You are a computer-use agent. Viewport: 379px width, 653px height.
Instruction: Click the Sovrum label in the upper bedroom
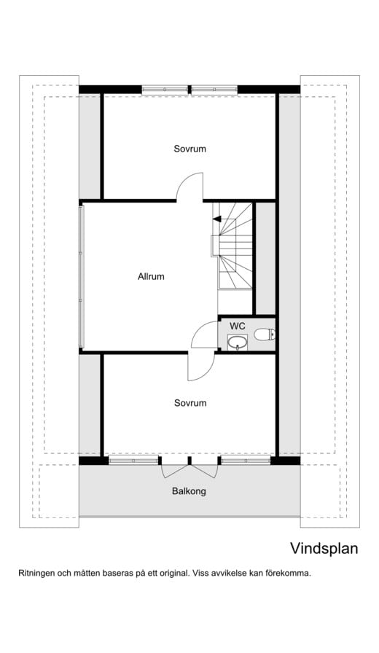pyautogui.click(x=190, y=149)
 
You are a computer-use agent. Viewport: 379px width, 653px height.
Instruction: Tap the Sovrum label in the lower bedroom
pyautogui.click(x=190, y=403)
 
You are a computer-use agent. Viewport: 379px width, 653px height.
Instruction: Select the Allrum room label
pyautogui.click(x=151, y=276)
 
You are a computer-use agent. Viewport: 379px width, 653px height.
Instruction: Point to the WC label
pyautogui.click(x=238, y=326)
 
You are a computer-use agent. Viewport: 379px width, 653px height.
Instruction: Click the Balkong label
pyautogui.click(x=189, y=491)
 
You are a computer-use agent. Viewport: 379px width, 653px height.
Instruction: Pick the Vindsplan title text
pyautogui.click(x=324, y=549)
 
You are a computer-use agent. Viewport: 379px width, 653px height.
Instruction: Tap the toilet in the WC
pyautogui.click(x=265, y=334)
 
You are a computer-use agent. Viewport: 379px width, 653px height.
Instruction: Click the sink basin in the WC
pyautogui.click(x=238, y=343)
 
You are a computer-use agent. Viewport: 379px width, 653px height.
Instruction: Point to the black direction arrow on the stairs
pyautogui.click(x=216, y=219)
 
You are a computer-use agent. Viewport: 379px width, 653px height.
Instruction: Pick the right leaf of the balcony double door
pyautogui.click(x=204, y=471)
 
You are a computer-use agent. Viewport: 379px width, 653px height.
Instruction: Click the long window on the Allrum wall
pyautogui.click(x=81, y=276)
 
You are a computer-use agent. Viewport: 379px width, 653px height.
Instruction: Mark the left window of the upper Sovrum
pyautogui.click(x=165, y=90)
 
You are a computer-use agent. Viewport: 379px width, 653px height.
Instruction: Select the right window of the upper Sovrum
pyautogui.click(x=214, y=90)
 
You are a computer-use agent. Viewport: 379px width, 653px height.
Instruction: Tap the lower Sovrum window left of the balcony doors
pyautogui.click(x=133, y=461)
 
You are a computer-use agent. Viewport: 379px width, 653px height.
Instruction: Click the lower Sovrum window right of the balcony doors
pyautogui.click(x=246, y=461)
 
